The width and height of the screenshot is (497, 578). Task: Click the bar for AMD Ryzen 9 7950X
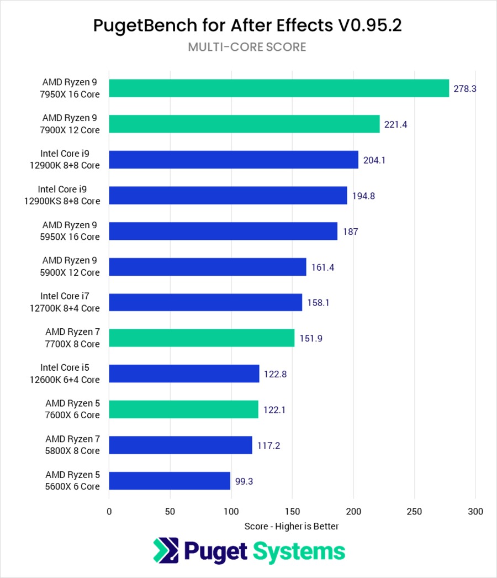pyautogui.click(x=279, y=88)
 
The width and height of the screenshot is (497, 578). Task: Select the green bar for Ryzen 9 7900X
pyautogui.click(x=244, y=124)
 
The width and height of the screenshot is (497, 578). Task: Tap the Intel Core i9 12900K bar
pyautogui.click(x=234, y=160)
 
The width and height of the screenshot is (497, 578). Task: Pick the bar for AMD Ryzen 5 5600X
pyautogui.click(x=170, y=481)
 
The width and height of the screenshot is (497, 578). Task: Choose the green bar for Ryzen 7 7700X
pyautogui.click(x=202, y=338)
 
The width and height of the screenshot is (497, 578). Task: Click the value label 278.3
pyautogui.click(x=465, y=88)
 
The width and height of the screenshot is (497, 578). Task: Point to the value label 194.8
pyautogui.click(x=363, y=196)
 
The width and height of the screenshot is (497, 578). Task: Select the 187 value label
pyautogui.click(x=350, y=231)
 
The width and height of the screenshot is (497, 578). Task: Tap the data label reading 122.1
pyautogui.click(x=275, y=409)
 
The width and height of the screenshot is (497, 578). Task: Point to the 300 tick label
pyautogui.click(x=475, y=512)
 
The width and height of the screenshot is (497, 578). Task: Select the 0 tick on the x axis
pyautogui.click(x=109, y=512)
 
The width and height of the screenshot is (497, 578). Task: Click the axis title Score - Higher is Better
pyautogui.click(x=292, y=527)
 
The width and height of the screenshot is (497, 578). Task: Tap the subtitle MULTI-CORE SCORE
pyautogui.click(x=247, y=47)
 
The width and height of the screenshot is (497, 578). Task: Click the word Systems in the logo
pyautogui.click(x=299, y=551)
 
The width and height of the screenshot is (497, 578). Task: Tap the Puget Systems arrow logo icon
pyautogui.click(x=165, y=551)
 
